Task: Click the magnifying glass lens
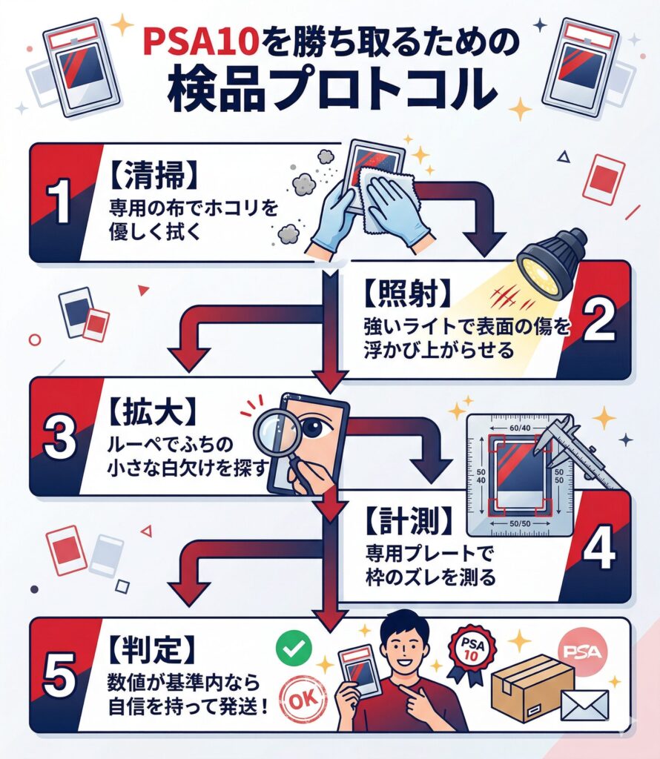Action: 274,433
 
